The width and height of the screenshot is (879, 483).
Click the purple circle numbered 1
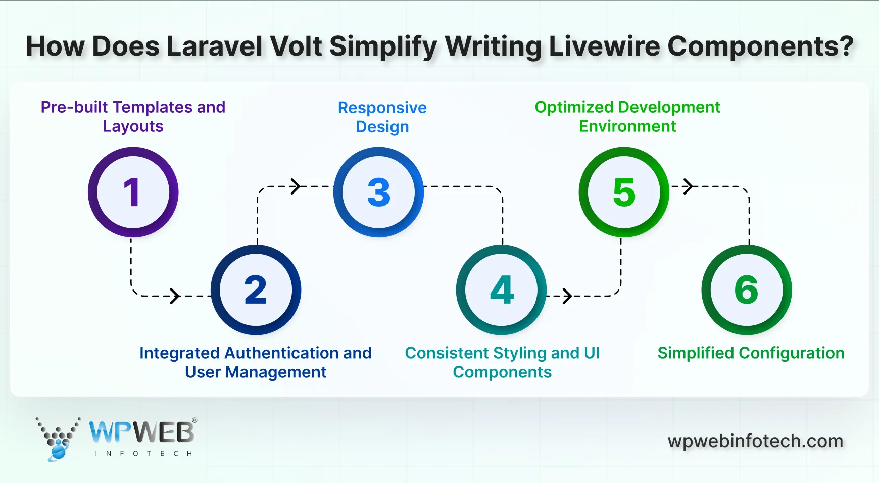[133, 192]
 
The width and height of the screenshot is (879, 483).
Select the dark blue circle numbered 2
[256, 290]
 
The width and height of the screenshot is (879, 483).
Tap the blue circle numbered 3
[378, 192]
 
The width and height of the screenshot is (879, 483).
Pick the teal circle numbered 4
[501, 290]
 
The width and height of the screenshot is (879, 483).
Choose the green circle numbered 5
[624, 192]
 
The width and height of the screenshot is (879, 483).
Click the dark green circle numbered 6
[747, 290]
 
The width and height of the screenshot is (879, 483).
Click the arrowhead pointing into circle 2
[175, 296]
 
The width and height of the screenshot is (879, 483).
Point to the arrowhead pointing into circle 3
[296, 186]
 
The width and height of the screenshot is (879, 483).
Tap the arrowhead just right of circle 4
[567, 296]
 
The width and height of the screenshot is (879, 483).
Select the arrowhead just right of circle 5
[688, 186]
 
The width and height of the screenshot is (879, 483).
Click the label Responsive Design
[382, 117]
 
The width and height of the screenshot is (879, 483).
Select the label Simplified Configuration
[751, 353]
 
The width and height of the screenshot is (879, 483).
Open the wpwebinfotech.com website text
[755, 441]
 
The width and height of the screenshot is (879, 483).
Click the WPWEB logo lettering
[142, 432]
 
